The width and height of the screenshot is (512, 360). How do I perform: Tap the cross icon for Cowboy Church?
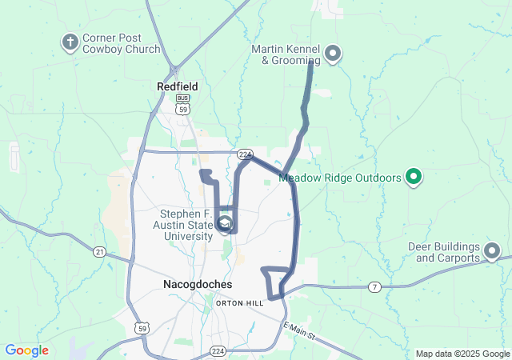(x=70, y=41)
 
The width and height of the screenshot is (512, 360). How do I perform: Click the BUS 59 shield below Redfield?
(x=183, y=103)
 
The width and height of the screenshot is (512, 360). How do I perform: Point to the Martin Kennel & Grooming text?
(x=286, y=54)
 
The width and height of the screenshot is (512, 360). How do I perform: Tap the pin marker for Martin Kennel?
(x=333, y=54)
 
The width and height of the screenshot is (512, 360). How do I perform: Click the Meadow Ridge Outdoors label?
(x=340, y=177)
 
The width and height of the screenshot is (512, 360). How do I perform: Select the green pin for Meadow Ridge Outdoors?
(x=414, y=176)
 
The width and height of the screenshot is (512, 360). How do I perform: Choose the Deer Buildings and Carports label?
(x=447, y=252)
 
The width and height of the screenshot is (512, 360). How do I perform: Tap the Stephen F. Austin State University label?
(x=186, y=225)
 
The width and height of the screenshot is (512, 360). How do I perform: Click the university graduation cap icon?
(x=225, y=223)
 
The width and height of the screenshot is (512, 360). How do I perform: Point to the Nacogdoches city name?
(x=198, y=284)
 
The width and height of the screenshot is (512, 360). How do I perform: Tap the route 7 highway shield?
(x=374, y=286)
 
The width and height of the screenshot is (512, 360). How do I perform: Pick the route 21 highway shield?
(x=99, y=252)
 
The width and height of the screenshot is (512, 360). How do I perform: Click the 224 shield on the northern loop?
(x=244, y=154)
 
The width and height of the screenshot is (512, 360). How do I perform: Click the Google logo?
(x=26, y=350)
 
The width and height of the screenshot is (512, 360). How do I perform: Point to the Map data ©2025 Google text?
(x=462, y=354)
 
